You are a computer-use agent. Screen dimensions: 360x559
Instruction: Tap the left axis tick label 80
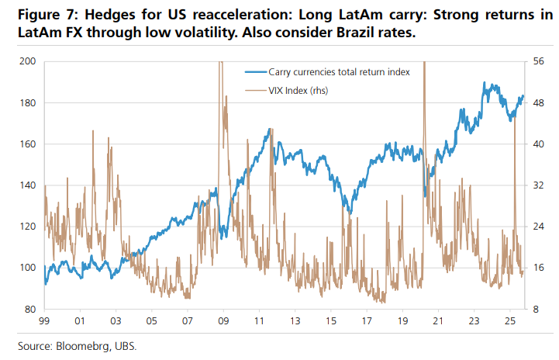coord(29,309)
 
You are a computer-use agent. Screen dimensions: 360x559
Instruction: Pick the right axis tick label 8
coord(537,309)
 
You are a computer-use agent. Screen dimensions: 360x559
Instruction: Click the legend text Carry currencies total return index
coord(339,71)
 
